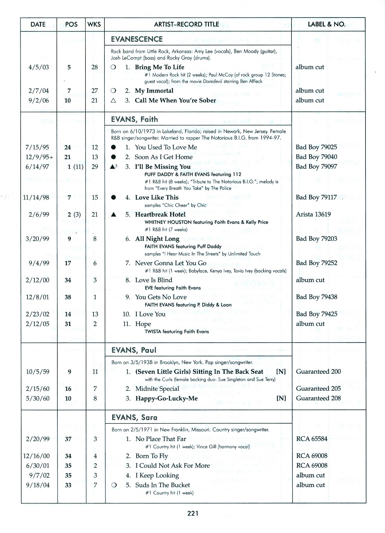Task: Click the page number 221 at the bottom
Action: (193, 513)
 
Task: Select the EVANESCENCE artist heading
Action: (137, 39)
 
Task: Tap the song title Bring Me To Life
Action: (160, 67)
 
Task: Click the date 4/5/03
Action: (38, 67)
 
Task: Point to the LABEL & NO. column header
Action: (326, 24)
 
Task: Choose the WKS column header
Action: (94, 24)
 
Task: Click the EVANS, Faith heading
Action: (134, 119)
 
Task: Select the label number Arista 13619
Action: (313, 214)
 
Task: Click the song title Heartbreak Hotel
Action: (160, 214)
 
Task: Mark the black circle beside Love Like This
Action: (114, 198)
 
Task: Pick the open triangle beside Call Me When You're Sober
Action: (113, 101)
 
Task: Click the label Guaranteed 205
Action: (318, 389)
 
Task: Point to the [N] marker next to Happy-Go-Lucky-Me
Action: (281, 398)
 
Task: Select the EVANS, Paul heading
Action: (134, 350)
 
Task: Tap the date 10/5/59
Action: (38, 372)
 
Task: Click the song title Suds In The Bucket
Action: (162, 485)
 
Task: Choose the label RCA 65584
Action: (312, 439)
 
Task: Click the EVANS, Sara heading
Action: (134, 417)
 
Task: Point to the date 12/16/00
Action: (36, 456)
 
